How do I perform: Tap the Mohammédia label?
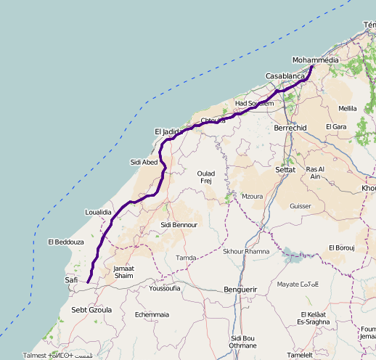(315, 60)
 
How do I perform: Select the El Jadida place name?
(166, 131)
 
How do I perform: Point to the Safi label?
(71, 279)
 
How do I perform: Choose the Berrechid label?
(291, 128)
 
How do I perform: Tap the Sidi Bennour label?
(179, 225)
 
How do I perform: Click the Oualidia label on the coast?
(98, 211)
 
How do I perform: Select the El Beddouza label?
(66, 242)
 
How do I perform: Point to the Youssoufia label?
(164, 288)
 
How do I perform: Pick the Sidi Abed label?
(144, 162)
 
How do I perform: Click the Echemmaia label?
(152, 314)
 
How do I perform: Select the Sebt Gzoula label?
(91, 309)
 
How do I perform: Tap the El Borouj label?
(342, 247)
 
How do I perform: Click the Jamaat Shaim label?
(124, 271)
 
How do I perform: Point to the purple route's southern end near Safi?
(88, 282)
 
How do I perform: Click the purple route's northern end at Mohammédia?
(312, 67)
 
